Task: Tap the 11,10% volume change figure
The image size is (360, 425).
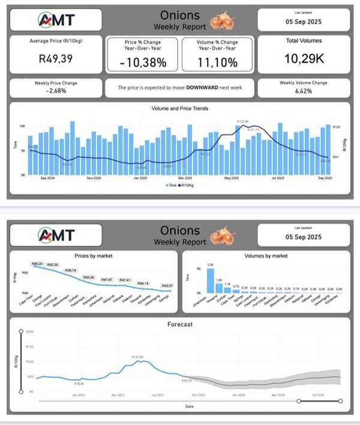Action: tap(217, 61)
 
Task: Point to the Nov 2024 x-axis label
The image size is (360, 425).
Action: tap(93, 178)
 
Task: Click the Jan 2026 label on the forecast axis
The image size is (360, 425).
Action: tap(238, 396)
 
